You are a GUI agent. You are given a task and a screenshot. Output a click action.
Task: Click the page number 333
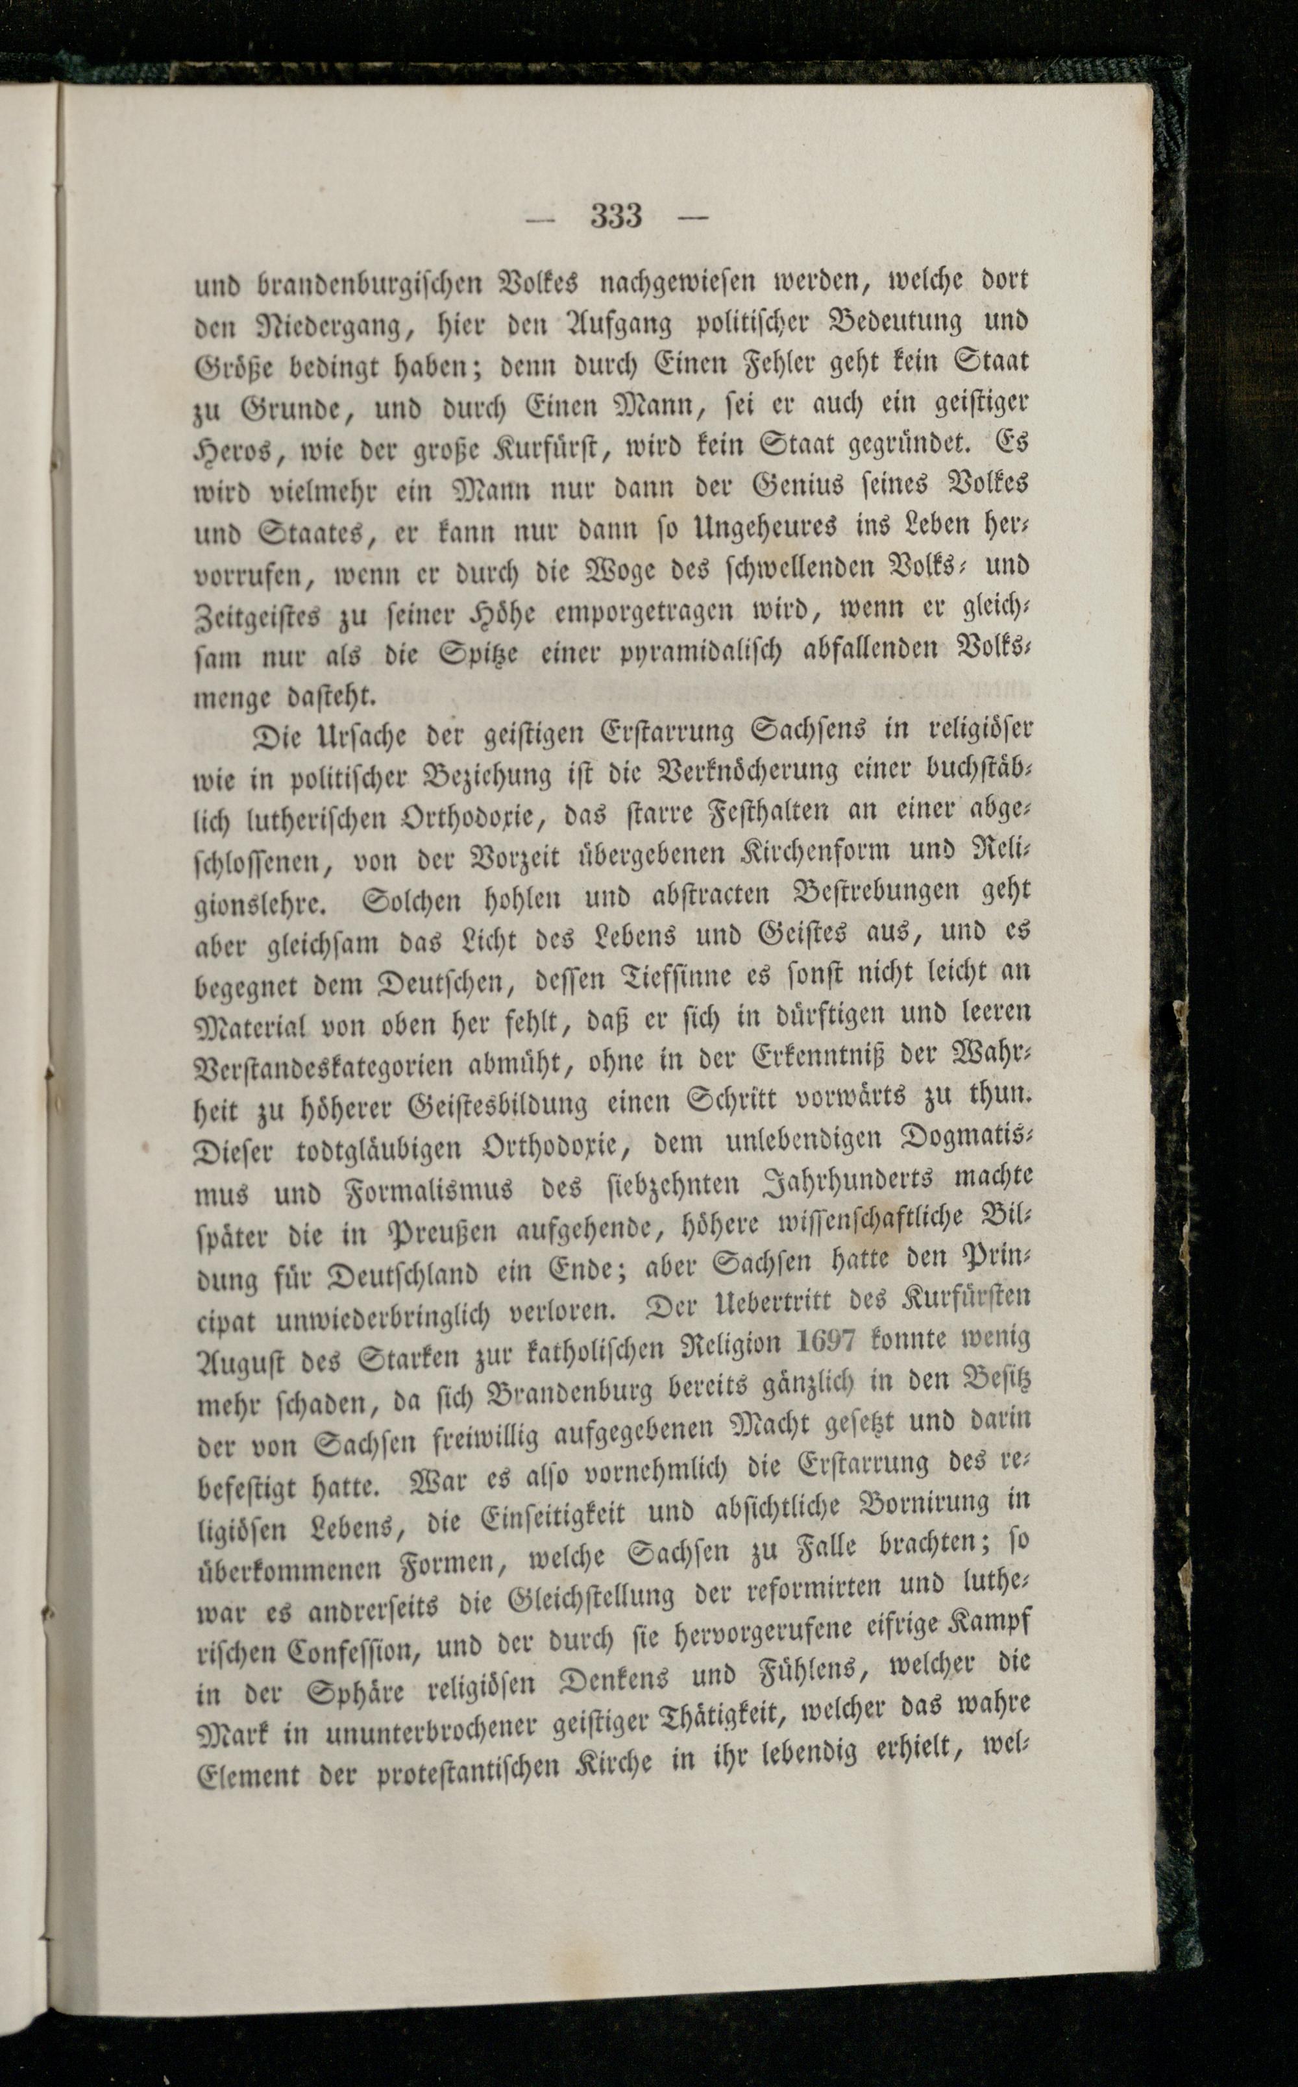coord(615,216)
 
